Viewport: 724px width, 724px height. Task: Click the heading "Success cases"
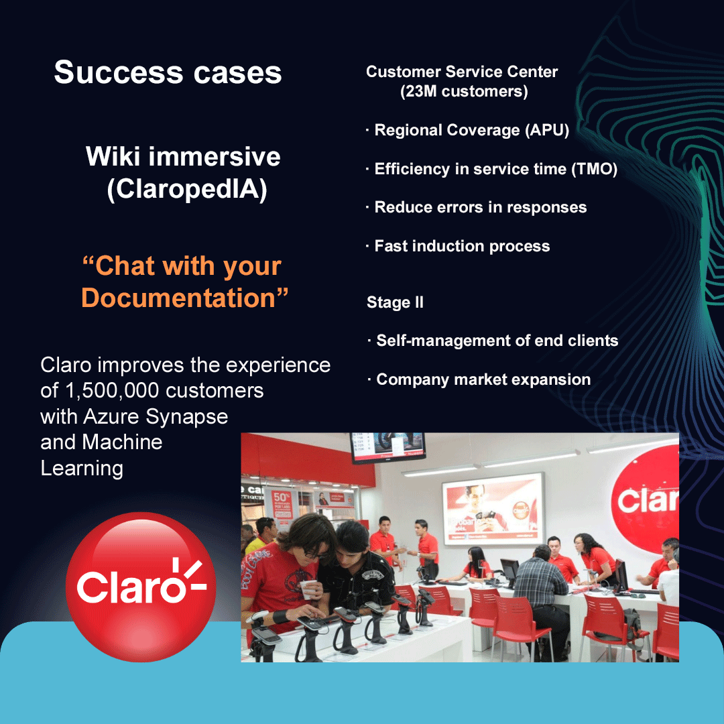click(x=168, y=72)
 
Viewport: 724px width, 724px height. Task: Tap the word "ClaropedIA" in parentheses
click(x=187, y=189)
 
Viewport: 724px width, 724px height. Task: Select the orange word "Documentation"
click(x=178, y=298)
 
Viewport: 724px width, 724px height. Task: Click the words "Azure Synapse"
click(x=156, y=416)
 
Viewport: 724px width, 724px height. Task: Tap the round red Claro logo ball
click(x=141, y=587)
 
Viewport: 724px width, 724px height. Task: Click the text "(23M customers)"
click(x=464, y=91)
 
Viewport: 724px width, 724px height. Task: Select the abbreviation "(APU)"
click(x=547, y=130)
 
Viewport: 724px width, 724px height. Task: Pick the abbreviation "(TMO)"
click(x=594, y=169)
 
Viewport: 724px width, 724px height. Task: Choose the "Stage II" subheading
click(x=395, y=302)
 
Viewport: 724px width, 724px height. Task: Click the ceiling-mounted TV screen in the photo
click(x=388, y=446)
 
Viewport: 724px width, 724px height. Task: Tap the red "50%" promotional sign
click(x=282, y=503)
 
